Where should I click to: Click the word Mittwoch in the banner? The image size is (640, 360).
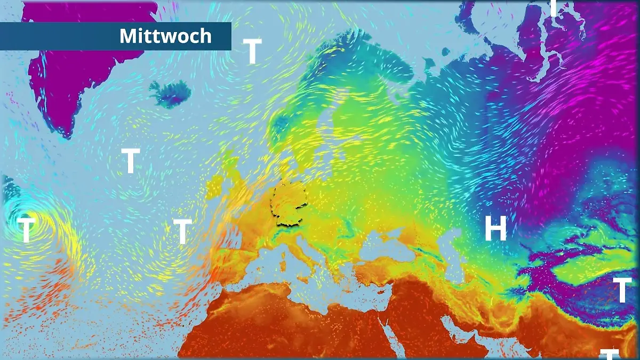coord(165,36)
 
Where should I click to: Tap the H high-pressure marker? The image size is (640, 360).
coord(495,229)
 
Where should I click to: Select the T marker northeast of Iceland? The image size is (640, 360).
coord(252,52)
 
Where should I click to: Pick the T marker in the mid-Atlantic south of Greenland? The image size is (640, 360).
coord(130,161)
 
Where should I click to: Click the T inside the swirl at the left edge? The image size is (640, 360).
coord(26,230)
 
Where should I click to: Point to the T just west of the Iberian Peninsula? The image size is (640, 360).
coord(182,231)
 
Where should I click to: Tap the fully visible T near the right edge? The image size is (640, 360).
coord(622,290)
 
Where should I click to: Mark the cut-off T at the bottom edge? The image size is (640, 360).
coord(609,354)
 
